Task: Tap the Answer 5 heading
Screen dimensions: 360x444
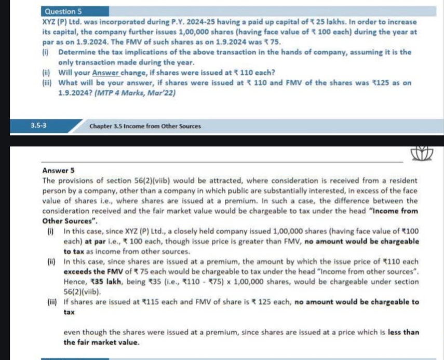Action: point(58,170)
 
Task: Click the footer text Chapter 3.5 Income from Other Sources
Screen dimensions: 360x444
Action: point(145,126)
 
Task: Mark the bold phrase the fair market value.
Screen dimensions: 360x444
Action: point(94,342)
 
